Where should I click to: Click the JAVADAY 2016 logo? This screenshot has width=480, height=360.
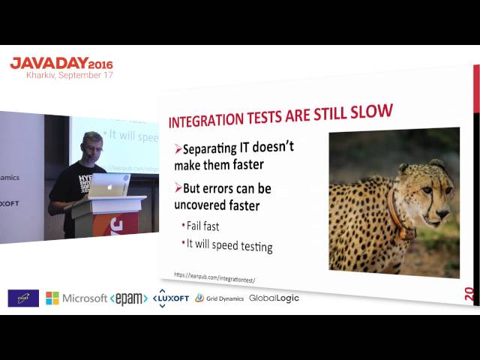(61, 63)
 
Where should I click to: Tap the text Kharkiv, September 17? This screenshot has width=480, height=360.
(70, 76)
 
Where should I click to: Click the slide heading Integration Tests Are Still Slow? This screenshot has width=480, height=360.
(280, 116)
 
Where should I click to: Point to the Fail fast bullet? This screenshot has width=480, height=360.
(203, 226)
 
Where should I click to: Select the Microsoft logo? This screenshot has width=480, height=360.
(76, 298)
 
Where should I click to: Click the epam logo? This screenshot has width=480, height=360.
(128, 298)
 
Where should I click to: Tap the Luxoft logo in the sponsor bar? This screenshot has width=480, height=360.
(170, 298)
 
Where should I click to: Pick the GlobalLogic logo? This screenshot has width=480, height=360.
(274, 298)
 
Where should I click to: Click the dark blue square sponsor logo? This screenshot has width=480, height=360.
(23, 298)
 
